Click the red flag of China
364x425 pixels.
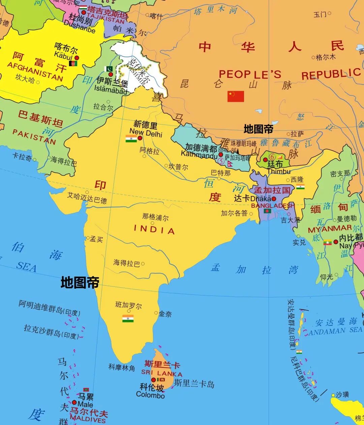(236, 96)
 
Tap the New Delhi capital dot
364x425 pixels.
(140, 138)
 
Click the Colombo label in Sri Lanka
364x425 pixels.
(150, 395)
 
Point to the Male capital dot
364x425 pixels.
(74, 402)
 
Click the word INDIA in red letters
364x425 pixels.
(154, 230)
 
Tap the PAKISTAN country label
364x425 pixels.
(34, 136)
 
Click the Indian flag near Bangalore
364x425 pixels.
(128, 318)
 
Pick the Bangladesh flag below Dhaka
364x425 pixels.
(267, 211)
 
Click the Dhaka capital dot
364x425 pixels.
(274, 199)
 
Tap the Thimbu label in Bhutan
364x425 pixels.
(279, 171)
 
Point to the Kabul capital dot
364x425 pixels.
(77, 58)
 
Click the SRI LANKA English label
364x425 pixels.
(162, 373)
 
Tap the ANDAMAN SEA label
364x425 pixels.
(335, 331)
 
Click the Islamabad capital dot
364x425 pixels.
(111, 74)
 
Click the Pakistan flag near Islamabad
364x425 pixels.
(109, 69)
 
